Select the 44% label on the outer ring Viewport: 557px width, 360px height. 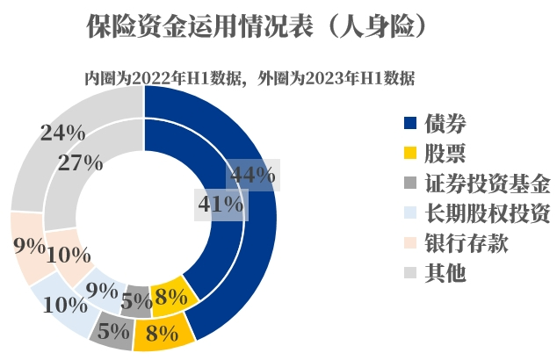point(252,175)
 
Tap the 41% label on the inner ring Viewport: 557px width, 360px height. point(219,204)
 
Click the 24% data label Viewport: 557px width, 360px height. point(62,133)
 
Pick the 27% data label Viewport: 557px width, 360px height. point(80,162)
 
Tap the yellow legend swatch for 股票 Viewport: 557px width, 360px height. point(409,153)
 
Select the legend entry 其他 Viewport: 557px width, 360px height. point(446,272)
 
